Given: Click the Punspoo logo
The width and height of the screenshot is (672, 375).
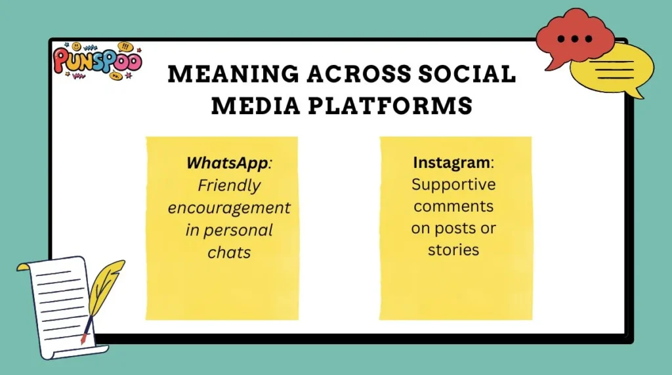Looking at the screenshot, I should click(97, 61).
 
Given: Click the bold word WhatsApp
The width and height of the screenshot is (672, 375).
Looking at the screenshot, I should click(227, 163).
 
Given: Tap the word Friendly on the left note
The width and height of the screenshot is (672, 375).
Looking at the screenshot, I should click(229, 186).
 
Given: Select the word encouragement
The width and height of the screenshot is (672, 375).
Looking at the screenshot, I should click(229, 208).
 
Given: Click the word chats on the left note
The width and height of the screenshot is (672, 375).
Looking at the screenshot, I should click(229, 252).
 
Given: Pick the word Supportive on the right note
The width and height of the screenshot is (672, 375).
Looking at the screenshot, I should click(453, 184).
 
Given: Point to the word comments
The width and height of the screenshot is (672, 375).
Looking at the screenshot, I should click(453, 206).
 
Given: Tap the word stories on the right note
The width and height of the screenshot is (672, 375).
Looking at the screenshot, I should click(453, 250).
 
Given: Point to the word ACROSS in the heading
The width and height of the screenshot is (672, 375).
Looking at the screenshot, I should click(352, 74).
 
